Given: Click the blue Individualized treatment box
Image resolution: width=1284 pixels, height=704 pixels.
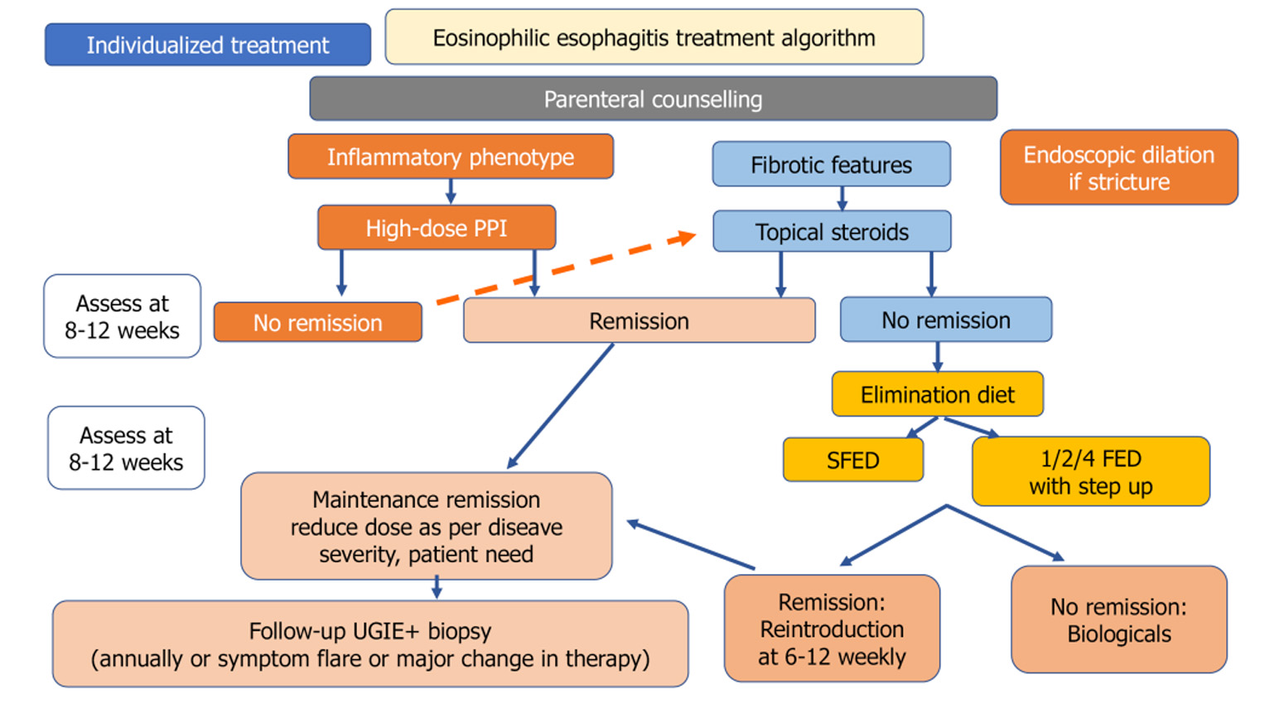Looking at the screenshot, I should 208,45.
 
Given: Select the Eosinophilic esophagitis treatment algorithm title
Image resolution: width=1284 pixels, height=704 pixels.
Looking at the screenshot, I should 654,37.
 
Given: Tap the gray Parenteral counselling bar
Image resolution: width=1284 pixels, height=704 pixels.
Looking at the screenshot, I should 653,99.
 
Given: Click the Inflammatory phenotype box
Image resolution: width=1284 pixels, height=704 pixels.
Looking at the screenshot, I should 450,157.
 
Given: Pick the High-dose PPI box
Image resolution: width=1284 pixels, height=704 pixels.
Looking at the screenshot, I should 436,228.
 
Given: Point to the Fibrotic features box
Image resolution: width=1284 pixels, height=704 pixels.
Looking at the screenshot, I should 831,164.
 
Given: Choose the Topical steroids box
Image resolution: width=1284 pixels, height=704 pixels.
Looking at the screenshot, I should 831,231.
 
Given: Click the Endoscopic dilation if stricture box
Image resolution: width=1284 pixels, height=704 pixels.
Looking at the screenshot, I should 1118,167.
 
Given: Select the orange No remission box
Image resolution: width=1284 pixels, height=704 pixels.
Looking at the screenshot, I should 317,322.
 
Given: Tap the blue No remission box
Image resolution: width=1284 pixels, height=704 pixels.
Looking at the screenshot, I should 945,320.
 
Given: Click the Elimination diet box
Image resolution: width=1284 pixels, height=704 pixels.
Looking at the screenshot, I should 937,394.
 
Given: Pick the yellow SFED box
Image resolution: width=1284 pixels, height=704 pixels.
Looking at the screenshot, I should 852,460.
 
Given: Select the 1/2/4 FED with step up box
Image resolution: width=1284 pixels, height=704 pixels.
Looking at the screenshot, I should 1090,471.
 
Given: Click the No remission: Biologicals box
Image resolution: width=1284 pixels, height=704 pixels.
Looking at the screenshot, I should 1118,620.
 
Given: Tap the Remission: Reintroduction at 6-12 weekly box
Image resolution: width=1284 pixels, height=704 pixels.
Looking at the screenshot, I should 832,629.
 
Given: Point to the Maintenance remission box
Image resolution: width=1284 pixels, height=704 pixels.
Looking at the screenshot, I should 426,526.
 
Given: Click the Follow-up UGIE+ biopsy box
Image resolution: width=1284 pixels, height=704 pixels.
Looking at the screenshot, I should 369,644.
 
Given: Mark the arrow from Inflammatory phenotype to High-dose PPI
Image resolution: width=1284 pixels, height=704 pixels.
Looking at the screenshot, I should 451,191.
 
